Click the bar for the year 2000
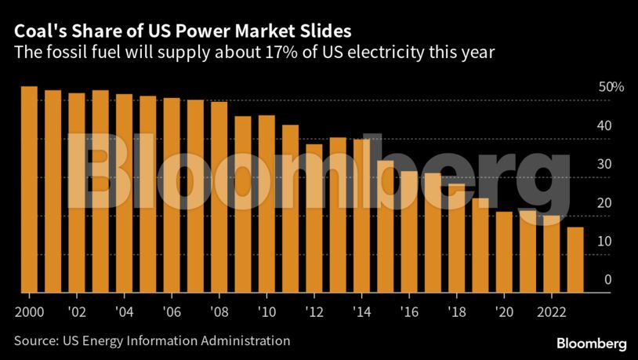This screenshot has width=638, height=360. point(29,189)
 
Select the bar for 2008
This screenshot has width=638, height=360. point(219,197)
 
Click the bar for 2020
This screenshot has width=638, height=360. point(504,252)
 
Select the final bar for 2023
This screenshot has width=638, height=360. point(575,260)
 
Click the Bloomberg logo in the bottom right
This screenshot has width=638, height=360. point(592,344)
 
